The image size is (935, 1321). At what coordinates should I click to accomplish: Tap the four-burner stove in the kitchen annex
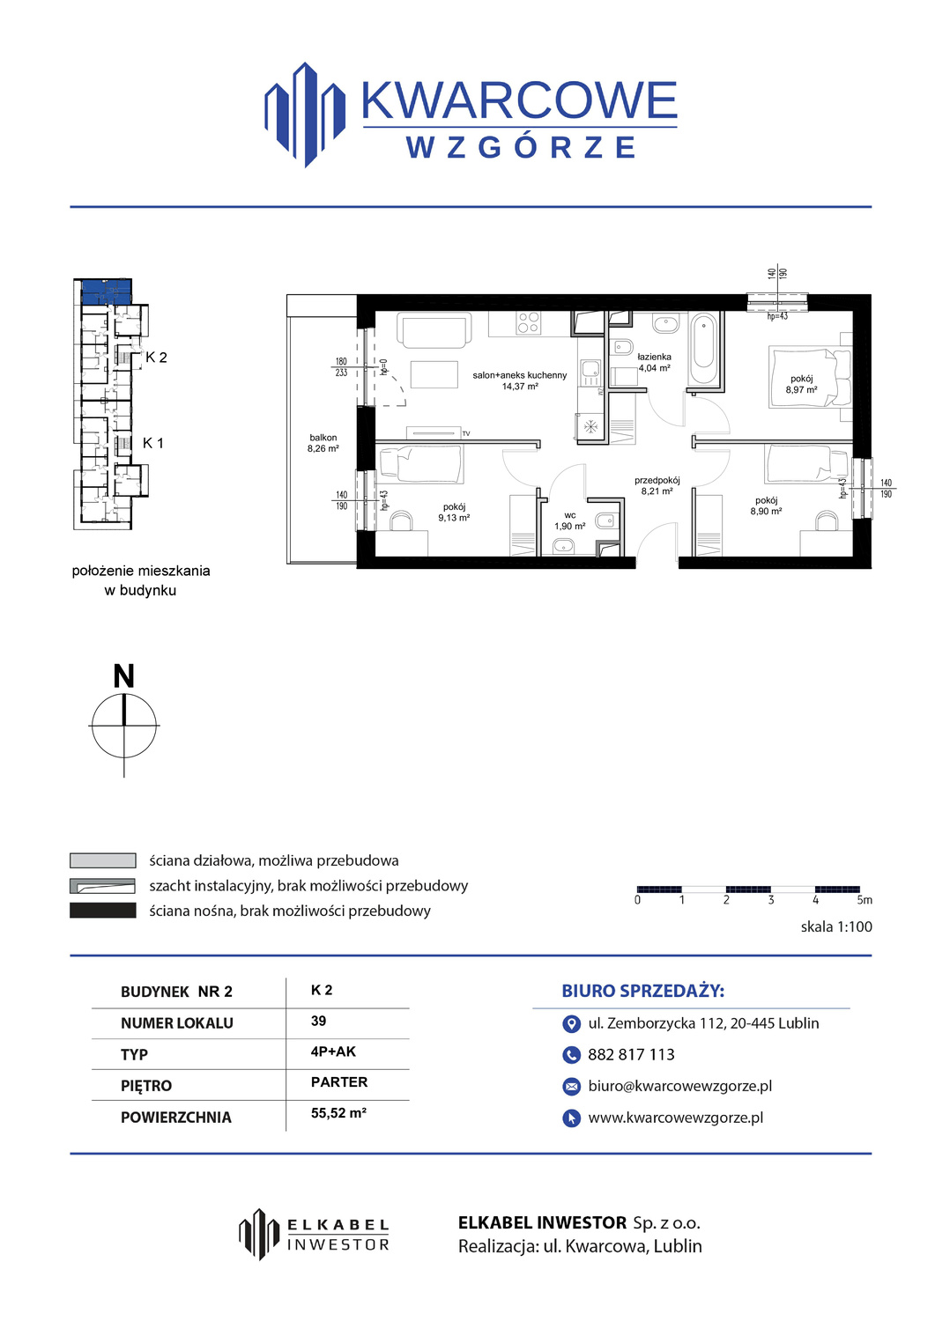(x=528, y=322)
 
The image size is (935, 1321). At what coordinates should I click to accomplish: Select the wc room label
(x=569, y=515)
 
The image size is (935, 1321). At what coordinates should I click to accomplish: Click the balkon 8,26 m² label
(x=323, y=443)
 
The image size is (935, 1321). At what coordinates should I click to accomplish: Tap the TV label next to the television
(x=466, y=433)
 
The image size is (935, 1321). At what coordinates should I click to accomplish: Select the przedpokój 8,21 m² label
(x=657, y=485)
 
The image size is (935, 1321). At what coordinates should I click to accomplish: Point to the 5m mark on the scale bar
(x=865, y=900)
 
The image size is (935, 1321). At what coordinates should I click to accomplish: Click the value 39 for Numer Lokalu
(x=318, y=1021)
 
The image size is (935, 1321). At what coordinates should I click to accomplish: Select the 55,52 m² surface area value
(x=338, y=1113)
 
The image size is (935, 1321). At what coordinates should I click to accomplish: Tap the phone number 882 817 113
(x=631, y=1054)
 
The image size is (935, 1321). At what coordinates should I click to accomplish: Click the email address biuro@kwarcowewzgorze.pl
(x=680, y=1086)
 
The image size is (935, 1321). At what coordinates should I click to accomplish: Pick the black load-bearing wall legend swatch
(x=103, y=910)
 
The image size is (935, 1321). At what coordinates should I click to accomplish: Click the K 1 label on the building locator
(x=152, y=443)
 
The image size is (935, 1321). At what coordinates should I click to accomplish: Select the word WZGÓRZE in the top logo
(x=522, y=147)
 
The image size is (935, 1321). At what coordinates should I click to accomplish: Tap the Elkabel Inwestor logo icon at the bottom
(x=258, y=1234)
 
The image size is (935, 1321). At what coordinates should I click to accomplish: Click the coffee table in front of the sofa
(x=434, y=374)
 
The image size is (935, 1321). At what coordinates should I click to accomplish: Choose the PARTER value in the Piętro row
(x=339, y=1082)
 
